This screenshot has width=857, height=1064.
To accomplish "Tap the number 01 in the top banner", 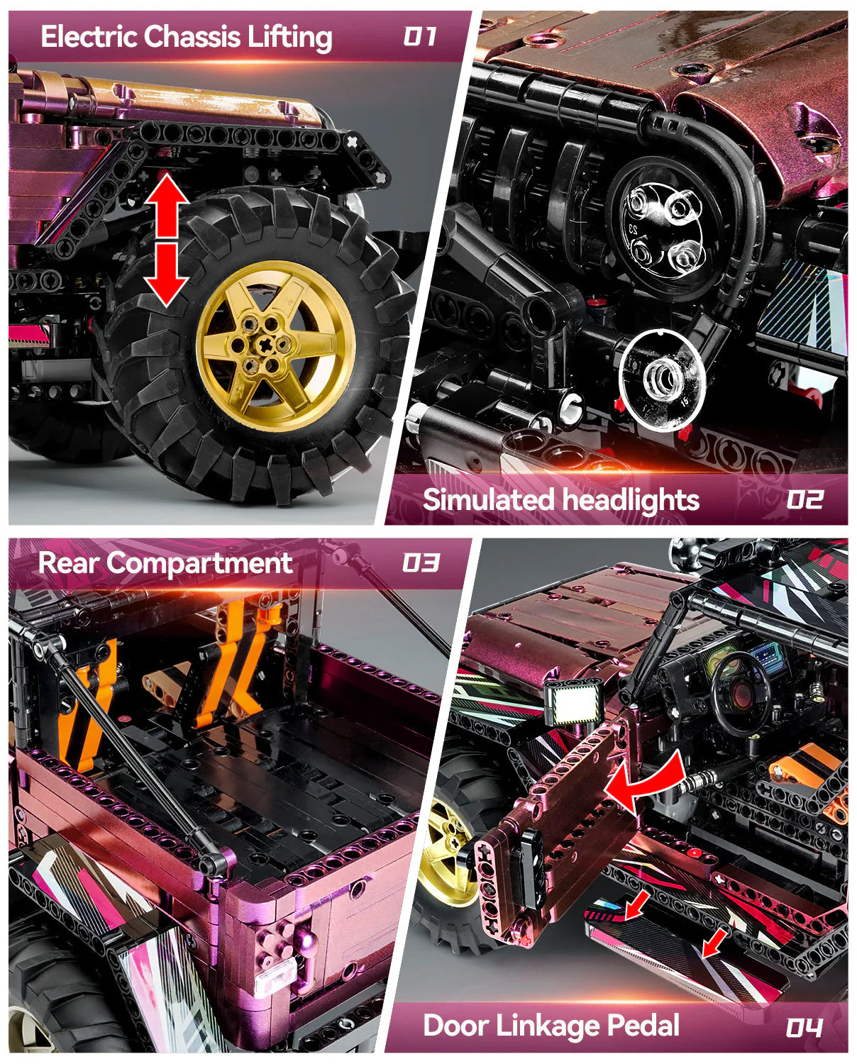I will (x=420, y=36).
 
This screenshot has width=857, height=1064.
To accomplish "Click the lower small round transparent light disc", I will (x=661, y=379).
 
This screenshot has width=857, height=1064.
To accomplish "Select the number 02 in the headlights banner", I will (x=804, y=500).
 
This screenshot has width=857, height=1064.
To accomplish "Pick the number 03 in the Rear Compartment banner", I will (x=420, y=563).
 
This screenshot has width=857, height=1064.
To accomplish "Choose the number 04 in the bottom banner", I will (x=804, y=1027).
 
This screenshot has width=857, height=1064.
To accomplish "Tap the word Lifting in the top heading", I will (x=290, y=37).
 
